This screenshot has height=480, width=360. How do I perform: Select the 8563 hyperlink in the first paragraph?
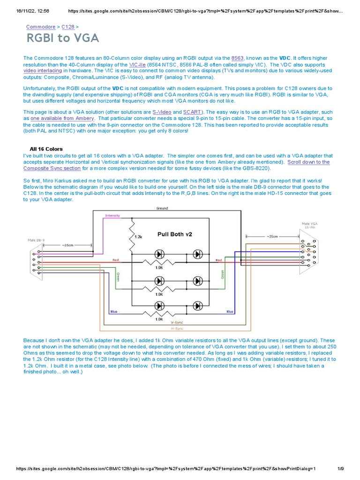(x=238, y=58)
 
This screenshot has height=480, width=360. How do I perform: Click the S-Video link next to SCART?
(x=162, y=112)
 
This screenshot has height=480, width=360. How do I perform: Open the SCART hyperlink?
(x=192, y=112)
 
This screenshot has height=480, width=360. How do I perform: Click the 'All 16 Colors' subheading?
(x=46, y=149)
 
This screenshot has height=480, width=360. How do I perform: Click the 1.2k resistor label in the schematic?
(x=138, y=237)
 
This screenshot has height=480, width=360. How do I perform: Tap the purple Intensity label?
(x=112, y=216)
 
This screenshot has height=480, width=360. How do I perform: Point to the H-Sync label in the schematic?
(x=177, y=328)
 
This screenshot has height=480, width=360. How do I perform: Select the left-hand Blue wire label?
(x=113, y=311)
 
